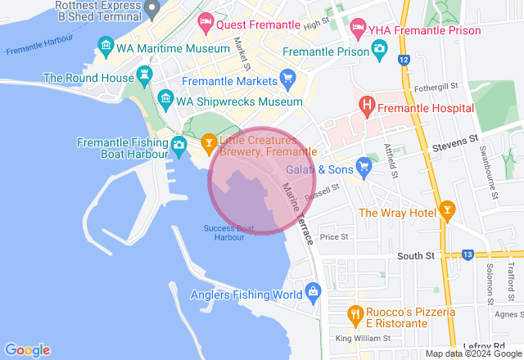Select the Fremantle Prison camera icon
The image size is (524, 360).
click(378, 51)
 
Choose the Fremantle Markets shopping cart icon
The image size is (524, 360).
click(287, 79)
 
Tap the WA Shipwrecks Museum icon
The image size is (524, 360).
click(165, 101)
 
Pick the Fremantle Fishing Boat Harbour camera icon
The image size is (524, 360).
click(178, 147)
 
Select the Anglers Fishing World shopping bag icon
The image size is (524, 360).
click(312, 292)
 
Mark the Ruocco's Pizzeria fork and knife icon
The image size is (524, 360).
click(355, 313)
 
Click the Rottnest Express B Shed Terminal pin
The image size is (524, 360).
click(151, 11)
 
